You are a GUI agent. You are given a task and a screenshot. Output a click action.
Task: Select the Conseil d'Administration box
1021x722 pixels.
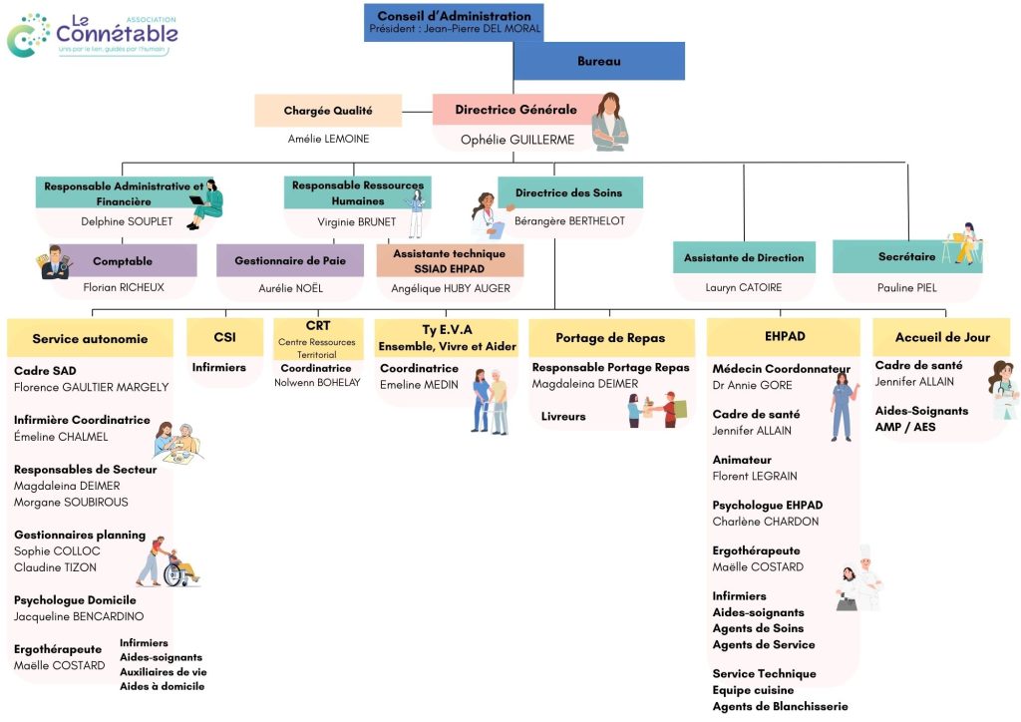tap(455, 22)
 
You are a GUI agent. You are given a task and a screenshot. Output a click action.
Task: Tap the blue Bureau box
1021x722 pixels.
tap(598, 62)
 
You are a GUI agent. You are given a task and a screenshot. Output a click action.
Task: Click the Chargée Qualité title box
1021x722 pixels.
tap(328, 111)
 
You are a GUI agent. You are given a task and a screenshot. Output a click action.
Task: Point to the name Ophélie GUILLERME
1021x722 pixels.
tap(516, 140)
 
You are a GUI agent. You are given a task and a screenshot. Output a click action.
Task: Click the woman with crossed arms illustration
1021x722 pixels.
tap(609, 122)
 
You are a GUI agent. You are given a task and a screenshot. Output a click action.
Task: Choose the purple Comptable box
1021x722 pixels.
tap(123, 261)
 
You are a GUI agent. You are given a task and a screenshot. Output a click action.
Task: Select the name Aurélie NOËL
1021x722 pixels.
tap(290, 288)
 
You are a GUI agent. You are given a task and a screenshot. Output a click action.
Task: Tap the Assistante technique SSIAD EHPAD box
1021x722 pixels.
tap(450, 260)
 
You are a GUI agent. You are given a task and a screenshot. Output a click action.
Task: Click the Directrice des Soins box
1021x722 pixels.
tap(569, 192)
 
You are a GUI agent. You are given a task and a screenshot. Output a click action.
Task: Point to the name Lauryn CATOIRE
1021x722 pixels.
tap(743, 288)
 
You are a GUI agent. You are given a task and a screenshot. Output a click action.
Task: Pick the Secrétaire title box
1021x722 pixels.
tap(906, 257)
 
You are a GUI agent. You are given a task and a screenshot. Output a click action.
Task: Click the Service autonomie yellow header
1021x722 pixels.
tap(90, 338)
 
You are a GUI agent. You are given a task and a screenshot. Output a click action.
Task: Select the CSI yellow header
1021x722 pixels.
tap(224, 337)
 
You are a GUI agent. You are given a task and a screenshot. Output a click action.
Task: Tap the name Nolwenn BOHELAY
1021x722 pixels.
tap(316, 382)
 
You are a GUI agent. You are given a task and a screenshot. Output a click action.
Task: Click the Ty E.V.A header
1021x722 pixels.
tap(446, 337)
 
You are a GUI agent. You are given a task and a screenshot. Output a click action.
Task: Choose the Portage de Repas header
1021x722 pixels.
tap(610, 338)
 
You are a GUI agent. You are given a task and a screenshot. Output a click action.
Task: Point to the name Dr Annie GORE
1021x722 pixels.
tap(753, 385)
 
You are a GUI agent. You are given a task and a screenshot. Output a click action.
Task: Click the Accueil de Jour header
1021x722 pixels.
tap(941, 337)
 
